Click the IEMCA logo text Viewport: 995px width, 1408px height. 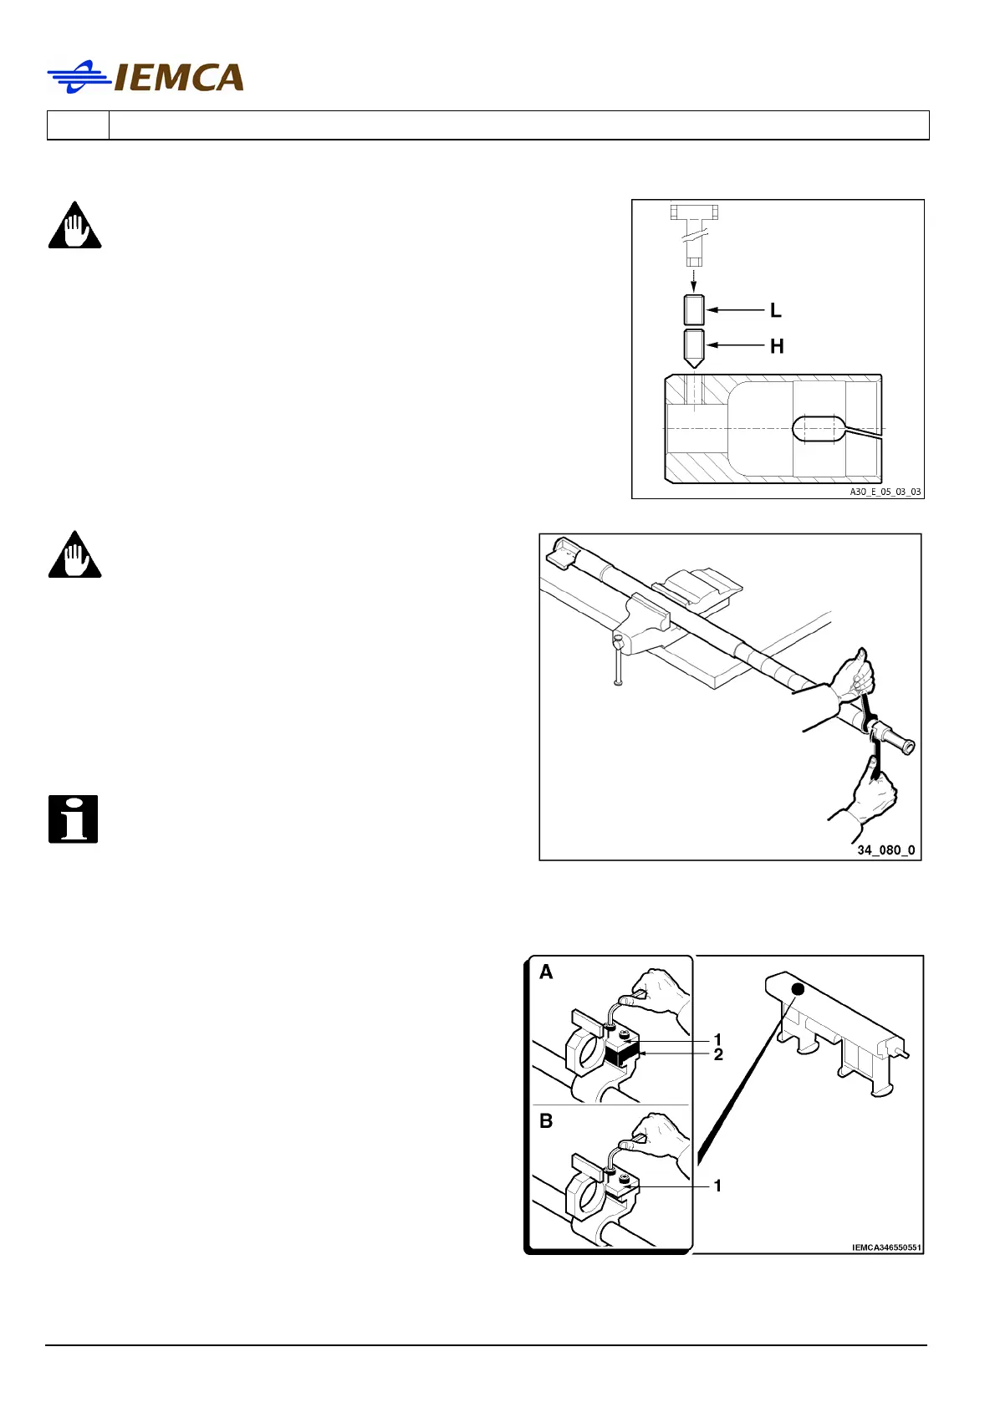[x=178, y=78]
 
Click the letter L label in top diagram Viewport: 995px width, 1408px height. [x=776, y=311]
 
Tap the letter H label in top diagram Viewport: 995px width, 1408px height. [x=777, y=346]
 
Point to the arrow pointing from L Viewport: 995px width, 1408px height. [x=736, y=311]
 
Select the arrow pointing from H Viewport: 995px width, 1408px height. [x=736, y=345]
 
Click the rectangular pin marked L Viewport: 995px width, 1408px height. [x=694, y=310]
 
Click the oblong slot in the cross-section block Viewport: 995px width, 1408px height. [x=819, y=428]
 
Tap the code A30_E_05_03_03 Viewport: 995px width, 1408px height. [x=885, y=492]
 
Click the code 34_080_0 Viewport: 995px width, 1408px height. [x=885, y=850]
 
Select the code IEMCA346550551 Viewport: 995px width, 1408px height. [x=886, y=1247]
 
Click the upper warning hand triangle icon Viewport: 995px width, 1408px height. [x=74, y=227]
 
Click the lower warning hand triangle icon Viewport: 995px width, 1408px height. [x=74, y=556]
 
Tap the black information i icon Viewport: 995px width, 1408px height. [x=74, y=819]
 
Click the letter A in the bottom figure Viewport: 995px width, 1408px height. [x=546, y=972]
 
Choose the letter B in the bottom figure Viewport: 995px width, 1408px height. [x=546, y=1121]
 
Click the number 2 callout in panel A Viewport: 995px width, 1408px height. [x=718, y=1055]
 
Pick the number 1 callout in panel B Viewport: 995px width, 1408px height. [x=717, y=1186]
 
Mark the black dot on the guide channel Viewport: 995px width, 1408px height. [x=798, y=989]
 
